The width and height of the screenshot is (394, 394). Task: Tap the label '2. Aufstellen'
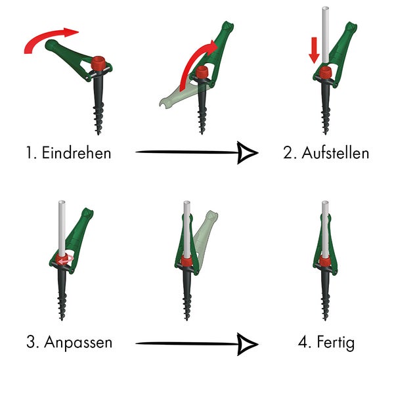point(326,154)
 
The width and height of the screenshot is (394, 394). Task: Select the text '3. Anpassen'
point(70,342)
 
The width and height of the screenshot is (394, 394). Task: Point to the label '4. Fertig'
point(326,342)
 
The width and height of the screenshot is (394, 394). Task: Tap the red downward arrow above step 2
point(315,49)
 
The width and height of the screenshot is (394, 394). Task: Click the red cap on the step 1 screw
point(99,64)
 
